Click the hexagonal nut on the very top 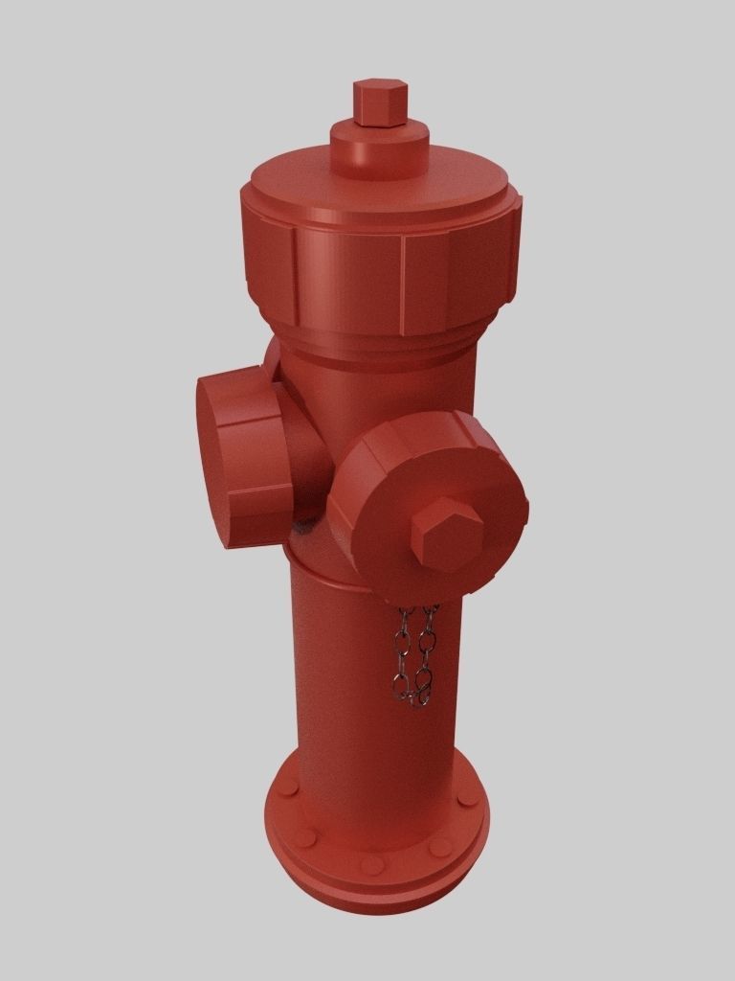(x=380, y=102)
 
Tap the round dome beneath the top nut (x=379, y=152)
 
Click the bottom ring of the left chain (x=401, y=685)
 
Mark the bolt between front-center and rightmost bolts (x=439, y=847)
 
